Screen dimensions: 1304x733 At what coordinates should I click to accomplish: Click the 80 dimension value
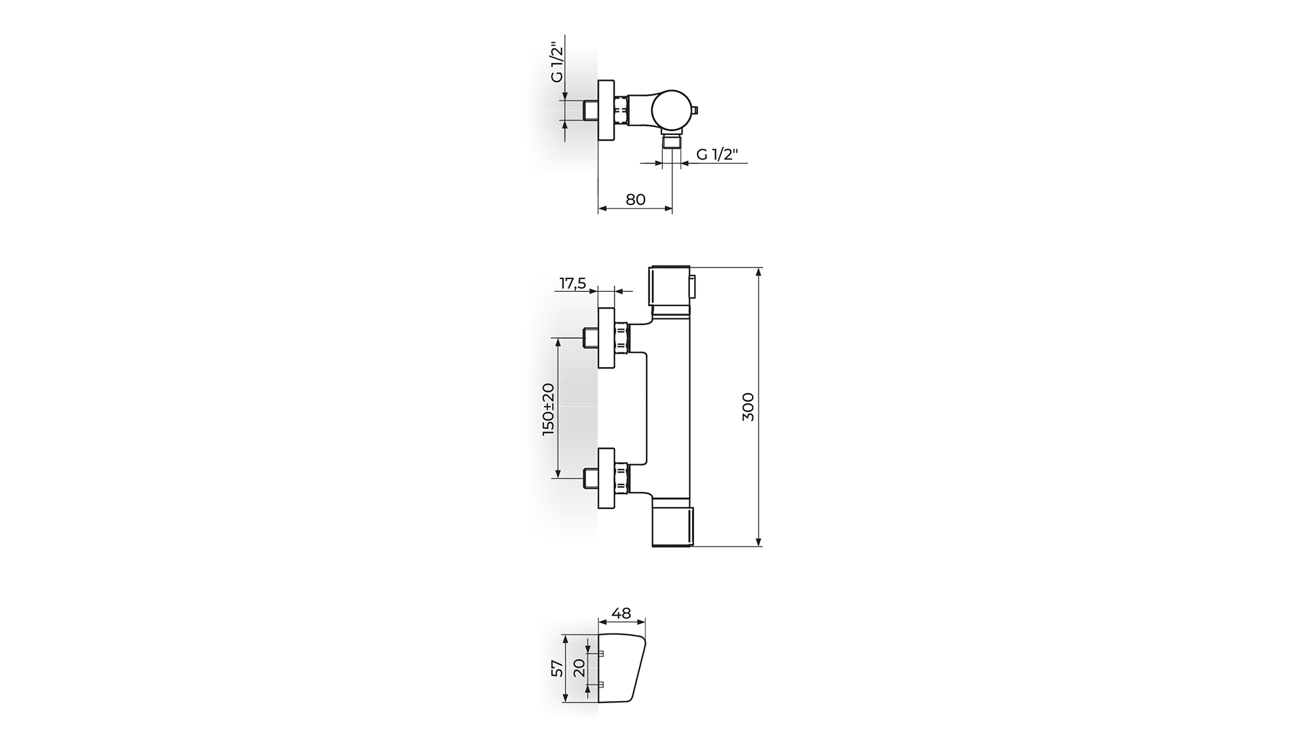tap(635, 200)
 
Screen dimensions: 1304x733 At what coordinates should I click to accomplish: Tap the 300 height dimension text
tap(748, 407)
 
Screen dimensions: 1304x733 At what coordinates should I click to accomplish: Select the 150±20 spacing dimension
tap(549, 409)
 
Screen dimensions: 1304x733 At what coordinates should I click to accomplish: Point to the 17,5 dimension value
tap(573, 284)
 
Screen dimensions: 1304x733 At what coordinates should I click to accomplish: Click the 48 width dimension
tap(621, 614)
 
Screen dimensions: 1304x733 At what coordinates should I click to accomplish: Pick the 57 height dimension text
tap(558, 669)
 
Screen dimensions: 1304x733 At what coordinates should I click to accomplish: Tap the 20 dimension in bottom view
tap(579, 669)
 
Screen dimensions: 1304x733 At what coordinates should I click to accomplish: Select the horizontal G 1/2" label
tap(717, 154)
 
